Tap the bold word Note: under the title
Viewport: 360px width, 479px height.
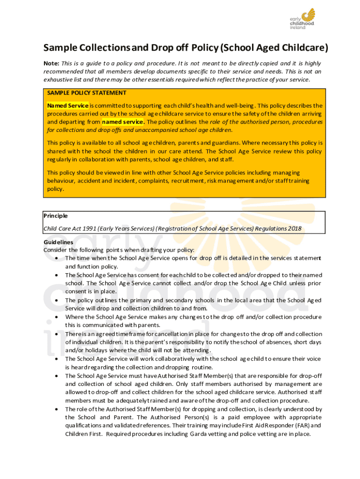51,63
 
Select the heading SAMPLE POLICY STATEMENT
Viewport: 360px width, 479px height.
86,93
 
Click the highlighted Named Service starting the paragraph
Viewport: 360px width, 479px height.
68,105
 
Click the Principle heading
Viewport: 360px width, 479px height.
56,216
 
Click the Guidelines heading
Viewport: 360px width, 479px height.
58,242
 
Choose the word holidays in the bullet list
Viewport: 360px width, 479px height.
94,350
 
